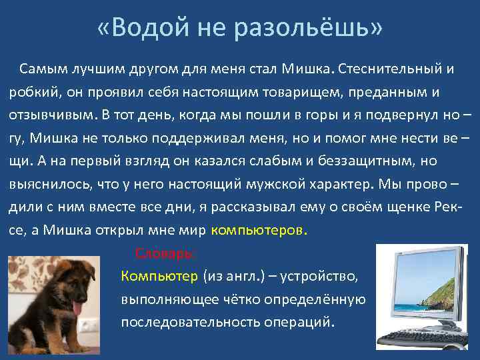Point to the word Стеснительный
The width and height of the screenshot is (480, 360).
pyautogui.click(x=390, y=68)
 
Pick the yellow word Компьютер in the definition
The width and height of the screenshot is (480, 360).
pyautogui.click(x=159, y=276)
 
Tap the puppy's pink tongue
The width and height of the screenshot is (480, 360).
pyautogui.click(x=77, y=308)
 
